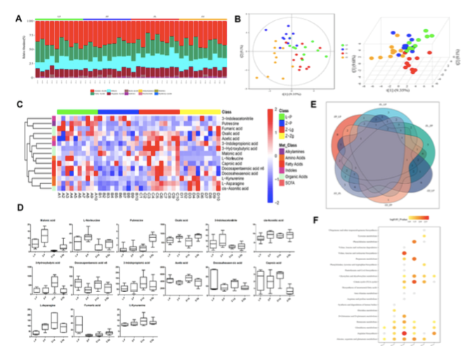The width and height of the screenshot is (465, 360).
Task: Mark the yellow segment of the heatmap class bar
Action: pyautogui.click(x=200, y=111)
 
